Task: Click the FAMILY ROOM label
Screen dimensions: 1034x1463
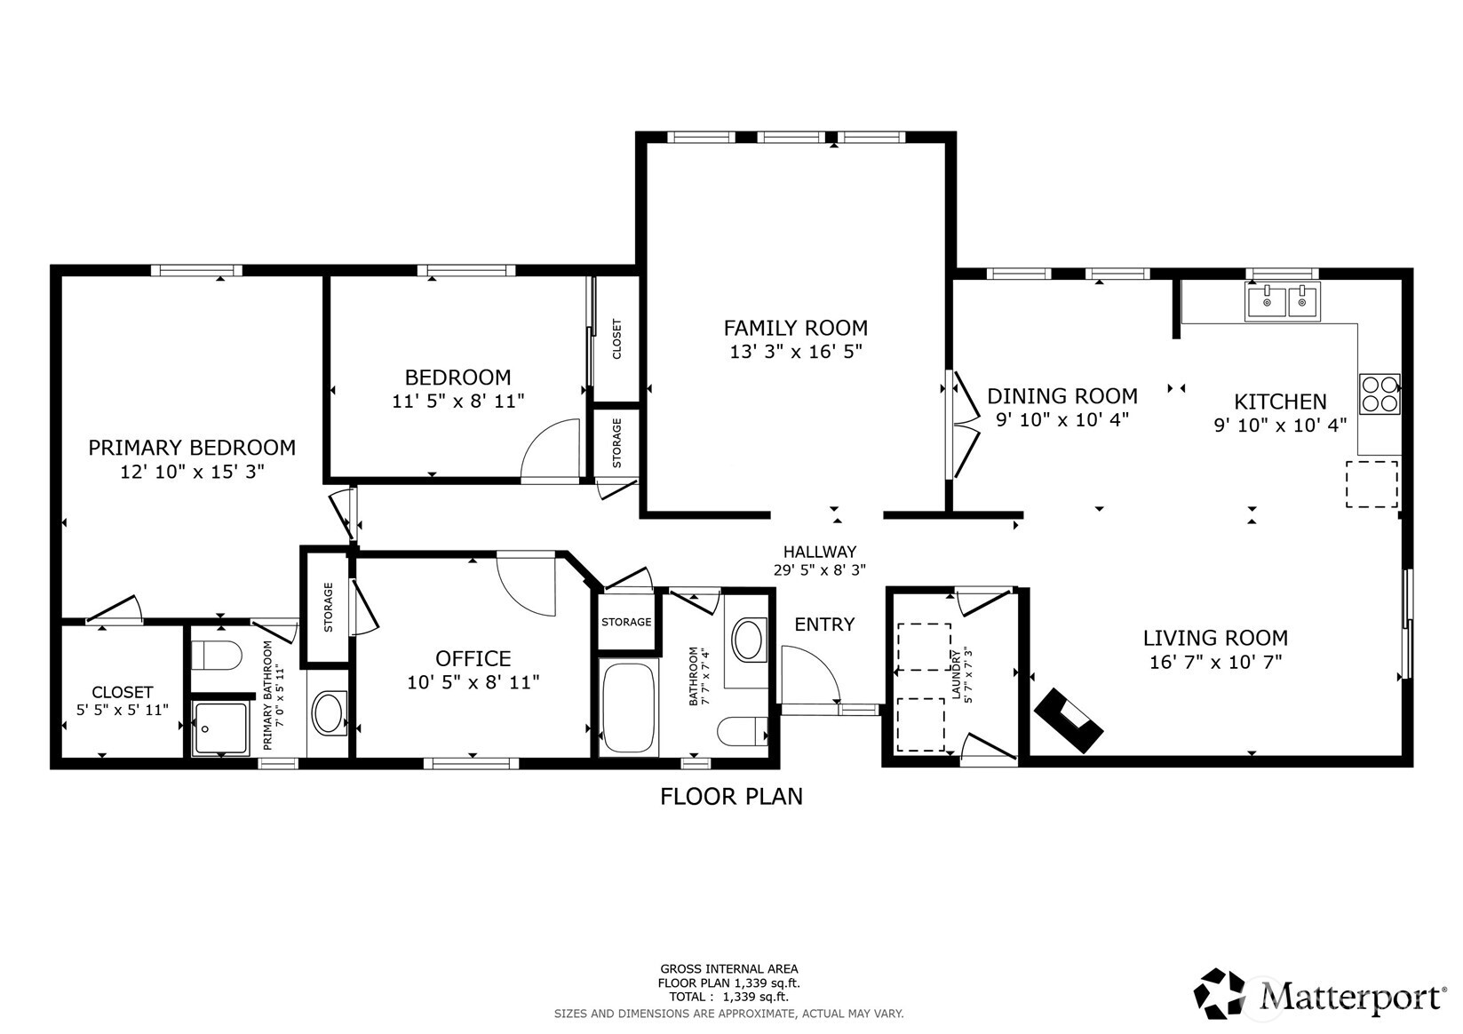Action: [795, 328]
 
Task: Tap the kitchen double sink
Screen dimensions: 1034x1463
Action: [1282, 302]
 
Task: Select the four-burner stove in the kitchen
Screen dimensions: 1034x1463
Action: [1379, 394]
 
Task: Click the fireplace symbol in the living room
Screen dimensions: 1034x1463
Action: [1069, 720]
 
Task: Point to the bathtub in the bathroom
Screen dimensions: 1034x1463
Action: [629, 707]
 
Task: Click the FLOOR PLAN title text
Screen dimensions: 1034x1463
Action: [731, 797]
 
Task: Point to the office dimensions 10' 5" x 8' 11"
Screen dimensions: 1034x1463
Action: [473, 682]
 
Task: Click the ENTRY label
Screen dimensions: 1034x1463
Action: [824, 624]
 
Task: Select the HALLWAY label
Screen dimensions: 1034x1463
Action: [819, 552]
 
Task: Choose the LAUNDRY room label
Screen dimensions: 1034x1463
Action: [958, 674]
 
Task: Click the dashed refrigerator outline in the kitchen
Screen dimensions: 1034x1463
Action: [1372, 484]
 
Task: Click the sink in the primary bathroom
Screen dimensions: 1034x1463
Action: [329, 714]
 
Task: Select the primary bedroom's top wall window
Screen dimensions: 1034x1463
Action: [196, 270]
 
